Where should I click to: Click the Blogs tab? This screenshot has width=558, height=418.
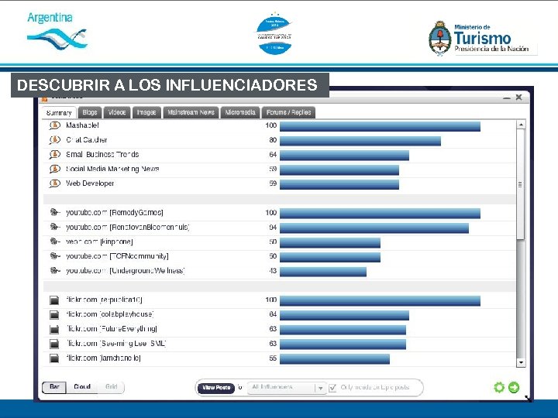(x=90, y=112)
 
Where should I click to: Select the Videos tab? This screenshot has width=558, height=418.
(x=117, y=112)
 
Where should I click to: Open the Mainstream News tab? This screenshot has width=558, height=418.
(x=191, y=112)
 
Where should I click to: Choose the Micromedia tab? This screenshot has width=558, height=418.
(x=240, y=112)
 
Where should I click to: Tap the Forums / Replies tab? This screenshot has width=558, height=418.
(x=289, y=112)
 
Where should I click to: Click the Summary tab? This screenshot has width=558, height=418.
(x=59, y=112)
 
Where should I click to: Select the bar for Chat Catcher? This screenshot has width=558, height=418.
(x=360, y=141)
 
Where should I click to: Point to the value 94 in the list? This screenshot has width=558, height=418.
(x=272, y=228)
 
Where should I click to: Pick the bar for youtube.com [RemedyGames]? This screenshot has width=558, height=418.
(x=380, y=213)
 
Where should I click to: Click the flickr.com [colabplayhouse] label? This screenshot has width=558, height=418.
(x=110, y=314)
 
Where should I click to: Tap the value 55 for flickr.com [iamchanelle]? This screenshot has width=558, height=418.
(x=272, y=358)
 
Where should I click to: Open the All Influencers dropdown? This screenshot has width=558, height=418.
(x=288, y=387)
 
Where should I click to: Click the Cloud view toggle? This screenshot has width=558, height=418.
(x=82, y=387)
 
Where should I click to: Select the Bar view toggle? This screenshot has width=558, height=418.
(x=55, y=387)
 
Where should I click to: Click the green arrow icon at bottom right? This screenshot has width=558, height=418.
(x=514, y=388)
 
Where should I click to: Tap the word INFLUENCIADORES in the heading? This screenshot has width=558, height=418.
(x=257, y=84)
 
